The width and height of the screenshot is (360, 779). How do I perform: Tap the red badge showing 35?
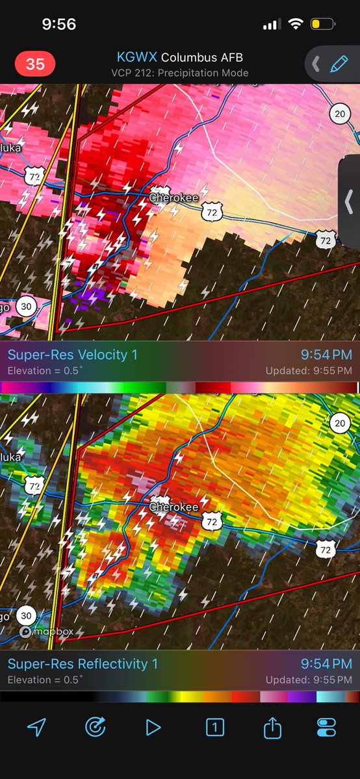(35, 64)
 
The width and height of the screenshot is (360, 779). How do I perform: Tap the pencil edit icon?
(339, 64)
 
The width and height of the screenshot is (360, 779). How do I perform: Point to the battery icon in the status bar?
(322, 25)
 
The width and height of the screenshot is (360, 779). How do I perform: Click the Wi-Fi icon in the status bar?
(296, 25)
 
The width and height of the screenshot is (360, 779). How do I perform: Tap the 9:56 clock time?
(58, 25)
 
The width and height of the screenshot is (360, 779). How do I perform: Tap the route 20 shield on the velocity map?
(339, 114)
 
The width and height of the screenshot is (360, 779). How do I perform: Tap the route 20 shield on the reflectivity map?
(339, 424)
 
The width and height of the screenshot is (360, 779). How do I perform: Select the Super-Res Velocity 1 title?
(73, 355)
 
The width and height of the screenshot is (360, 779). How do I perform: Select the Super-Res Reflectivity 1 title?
(83, 664)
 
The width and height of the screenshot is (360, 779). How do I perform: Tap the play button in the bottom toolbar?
(153, 728)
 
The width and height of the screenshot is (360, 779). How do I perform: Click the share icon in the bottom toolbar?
(272, 728)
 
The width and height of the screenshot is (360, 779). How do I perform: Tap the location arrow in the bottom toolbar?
(36, 728)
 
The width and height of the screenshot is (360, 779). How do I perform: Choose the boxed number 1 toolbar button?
(214, 728)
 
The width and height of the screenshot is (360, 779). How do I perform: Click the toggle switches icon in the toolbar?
(326, 728)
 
